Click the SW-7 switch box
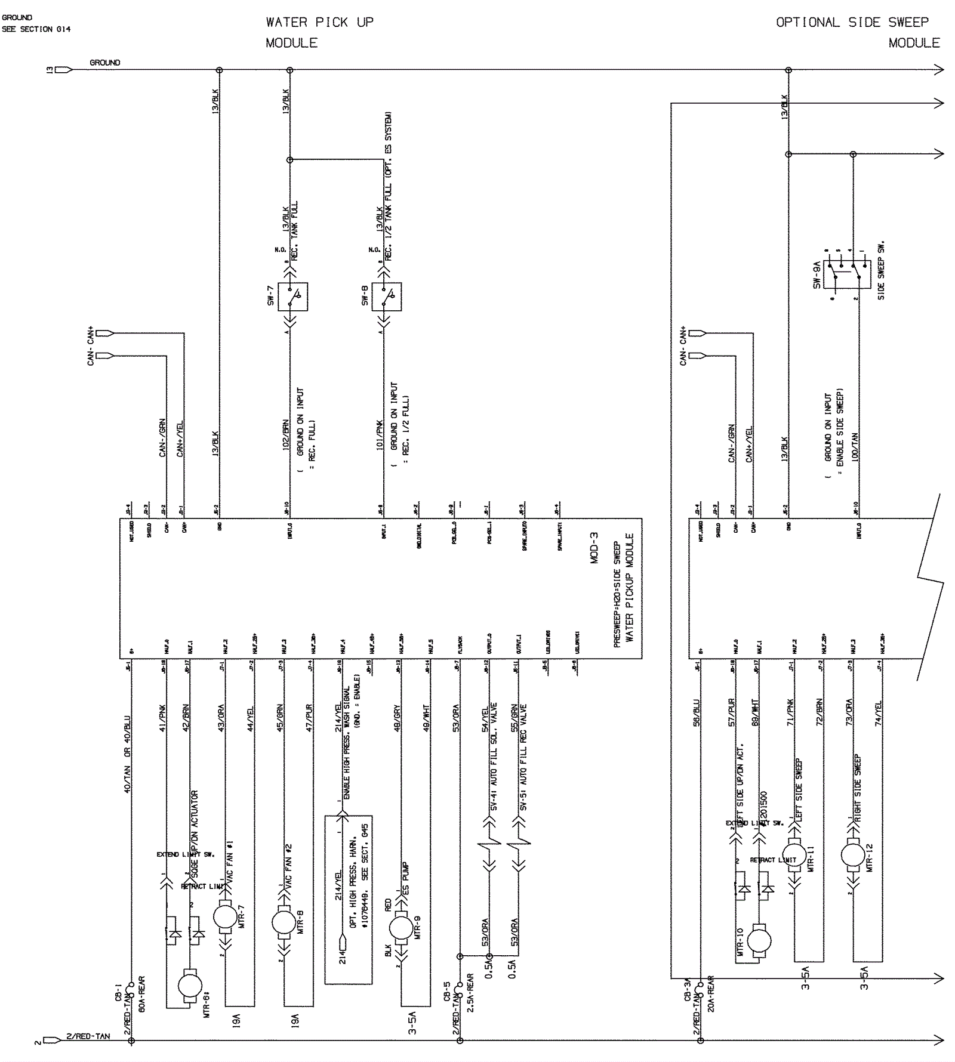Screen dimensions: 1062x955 tap(293, 297)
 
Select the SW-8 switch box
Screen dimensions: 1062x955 tap(387, 297)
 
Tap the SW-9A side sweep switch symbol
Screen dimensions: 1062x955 tap(842, 274)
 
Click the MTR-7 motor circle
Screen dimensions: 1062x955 tap(225, 917)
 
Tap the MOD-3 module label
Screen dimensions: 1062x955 tap(594, 548)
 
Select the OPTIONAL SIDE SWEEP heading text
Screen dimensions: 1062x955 tap(852, 23)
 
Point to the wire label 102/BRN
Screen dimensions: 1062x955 tap(286, 435)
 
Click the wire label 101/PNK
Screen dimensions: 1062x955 tap(380, 435)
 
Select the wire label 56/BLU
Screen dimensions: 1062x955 tap(697, 712)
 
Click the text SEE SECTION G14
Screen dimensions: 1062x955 tap(36, 29)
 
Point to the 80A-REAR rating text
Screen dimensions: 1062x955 tap(142, 994)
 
